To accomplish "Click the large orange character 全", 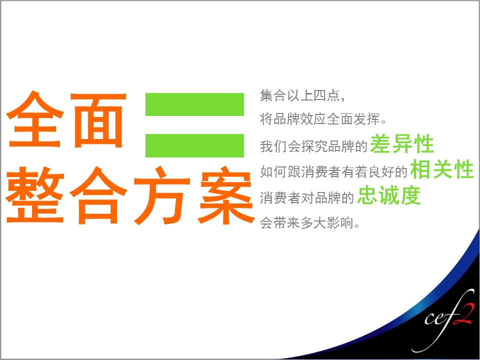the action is [35, 119].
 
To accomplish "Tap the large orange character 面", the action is [98, 120].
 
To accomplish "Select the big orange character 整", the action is [35, 194].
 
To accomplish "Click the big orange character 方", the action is [162, 195].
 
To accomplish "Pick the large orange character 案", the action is [226, 195].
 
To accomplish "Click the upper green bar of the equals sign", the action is [194, 104].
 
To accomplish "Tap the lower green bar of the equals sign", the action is [194, 145].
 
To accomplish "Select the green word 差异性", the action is [402, 143].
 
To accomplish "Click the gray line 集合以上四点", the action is [303, 95].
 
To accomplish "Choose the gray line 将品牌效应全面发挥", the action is [323, 119].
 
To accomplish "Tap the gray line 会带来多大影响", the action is [309, 222].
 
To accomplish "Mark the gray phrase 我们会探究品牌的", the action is [313, 146].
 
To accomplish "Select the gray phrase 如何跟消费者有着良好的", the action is [333, 171].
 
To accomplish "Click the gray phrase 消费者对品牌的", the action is [307, 198].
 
